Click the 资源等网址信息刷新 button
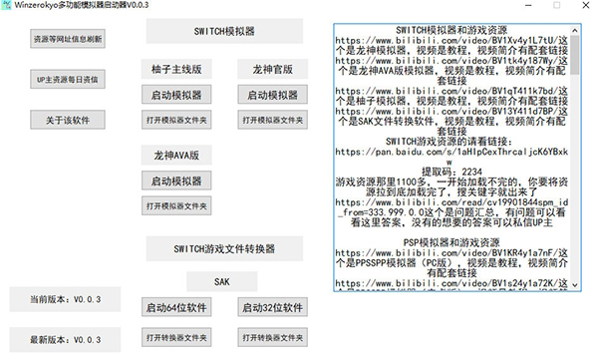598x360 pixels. [x=67, y=39]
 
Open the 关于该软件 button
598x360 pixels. [x=67, y=120]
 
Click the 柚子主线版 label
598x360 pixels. [x=176, y=70]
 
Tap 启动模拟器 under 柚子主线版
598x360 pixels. [x=176, y=95]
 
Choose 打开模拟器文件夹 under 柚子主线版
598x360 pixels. [x=176, y=119]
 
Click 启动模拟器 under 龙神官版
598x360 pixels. [x=270, y=95]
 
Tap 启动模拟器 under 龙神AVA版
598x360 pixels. [x=176, y=181]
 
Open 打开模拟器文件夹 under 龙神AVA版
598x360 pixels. [x=176, y=205]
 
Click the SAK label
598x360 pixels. [x=222, y=282]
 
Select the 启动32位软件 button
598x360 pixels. [x=270, y=307]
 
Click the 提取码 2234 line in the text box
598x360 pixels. [x=451, y=172]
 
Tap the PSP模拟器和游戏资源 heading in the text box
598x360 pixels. [x=451, y=242]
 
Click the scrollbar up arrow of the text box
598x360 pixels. [x=575, y=21]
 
